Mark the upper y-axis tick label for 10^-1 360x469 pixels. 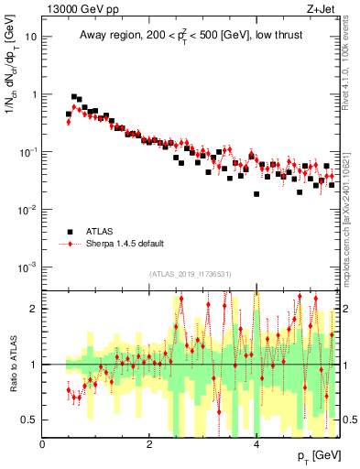point(30,152)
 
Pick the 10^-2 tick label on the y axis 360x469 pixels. point(30,210)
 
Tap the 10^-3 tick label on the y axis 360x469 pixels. point(30,267)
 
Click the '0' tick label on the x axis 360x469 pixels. point(43,445)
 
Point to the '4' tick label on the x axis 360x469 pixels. point(256,445)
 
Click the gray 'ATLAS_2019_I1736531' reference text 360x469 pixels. point(191,274)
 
